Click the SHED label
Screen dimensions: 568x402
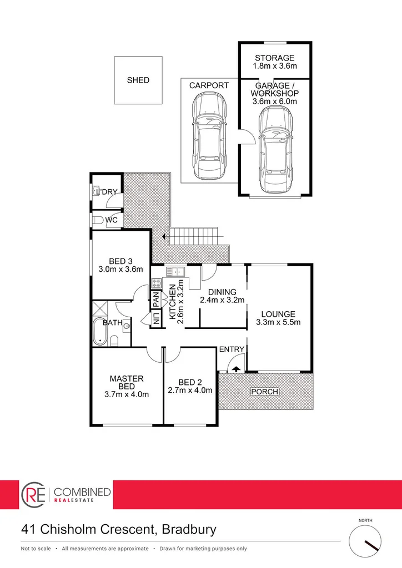click(x=138, y=80)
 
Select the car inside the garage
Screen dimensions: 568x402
click(x=274, y=146)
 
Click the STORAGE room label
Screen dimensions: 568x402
click(x=274, y=58)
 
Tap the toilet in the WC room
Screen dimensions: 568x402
click(x=98, y=220)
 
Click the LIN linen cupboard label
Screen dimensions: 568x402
click(x=156, y=318)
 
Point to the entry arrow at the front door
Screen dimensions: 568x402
click(x=235, y=368)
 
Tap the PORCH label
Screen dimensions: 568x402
click(x=264, y=392)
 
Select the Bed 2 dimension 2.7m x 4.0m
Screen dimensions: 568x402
click(x=190, y=390)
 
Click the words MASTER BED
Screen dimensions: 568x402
click(x=127, y=383)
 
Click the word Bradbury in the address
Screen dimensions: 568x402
click(x=189, y=529)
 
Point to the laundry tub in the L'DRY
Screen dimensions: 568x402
click(x=96, y=191)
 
